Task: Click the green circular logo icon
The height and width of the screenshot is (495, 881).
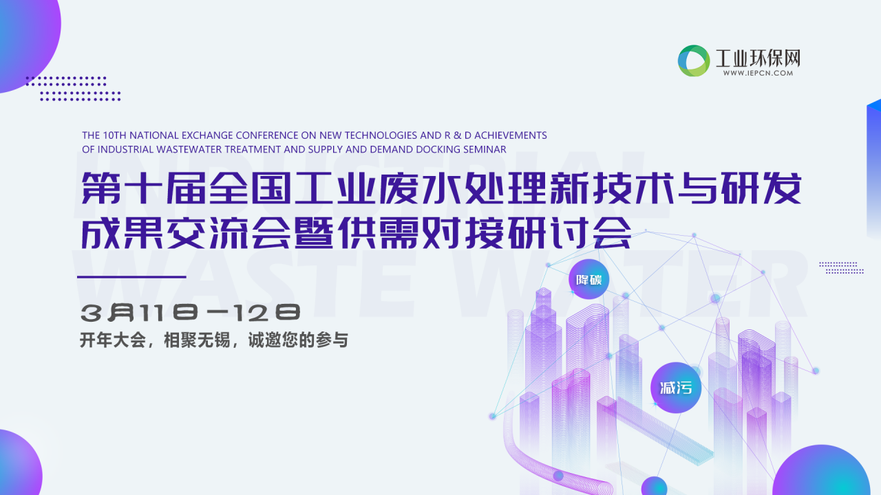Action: [694, 60]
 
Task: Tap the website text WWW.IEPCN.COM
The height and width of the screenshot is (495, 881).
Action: [758, 73]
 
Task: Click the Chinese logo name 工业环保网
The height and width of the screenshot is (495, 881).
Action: [758, 58]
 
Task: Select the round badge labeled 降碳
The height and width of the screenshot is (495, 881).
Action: [588, 279]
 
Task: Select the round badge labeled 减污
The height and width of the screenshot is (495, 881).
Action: [676, 388]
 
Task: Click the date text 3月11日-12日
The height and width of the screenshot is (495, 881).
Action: [191, 313]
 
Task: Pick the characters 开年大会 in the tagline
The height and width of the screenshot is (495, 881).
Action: [113, 340]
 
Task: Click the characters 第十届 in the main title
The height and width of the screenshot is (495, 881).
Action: [144, 188]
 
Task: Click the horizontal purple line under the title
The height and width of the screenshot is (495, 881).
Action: [131, 277]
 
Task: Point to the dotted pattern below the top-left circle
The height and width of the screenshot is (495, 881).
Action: [73, 89]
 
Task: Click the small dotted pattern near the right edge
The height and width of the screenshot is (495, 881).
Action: [842, 267]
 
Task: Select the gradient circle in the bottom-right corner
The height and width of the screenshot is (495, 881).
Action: [821, 472]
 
